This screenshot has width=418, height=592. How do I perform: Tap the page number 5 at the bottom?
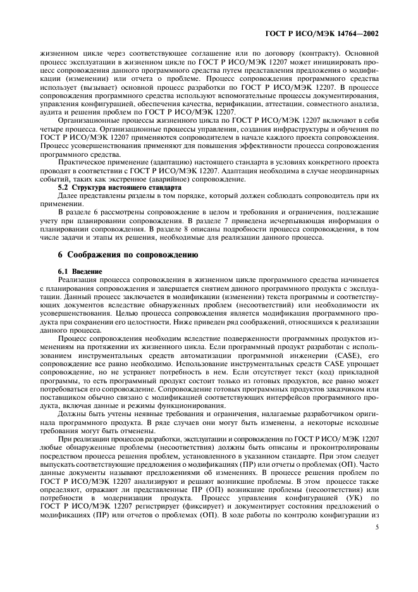376,560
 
